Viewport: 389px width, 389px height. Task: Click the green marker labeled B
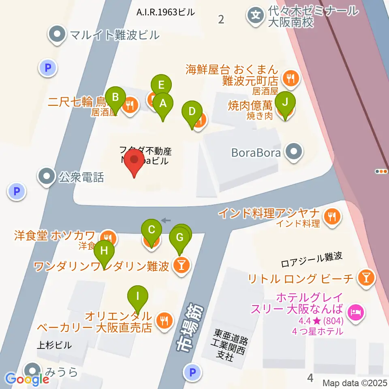click(x=115, y=98)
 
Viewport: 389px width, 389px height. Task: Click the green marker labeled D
click(x=192, y=111)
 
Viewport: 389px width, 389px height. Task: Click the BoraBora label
click(x=256, y=153)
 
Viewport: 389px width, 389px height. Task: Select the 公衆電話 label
click(x=81, y=177)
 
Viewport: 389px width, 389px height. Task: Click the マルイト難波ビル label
click(x=115, y=35)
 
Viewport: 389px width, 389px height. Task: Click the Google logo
click(x=28, y=379)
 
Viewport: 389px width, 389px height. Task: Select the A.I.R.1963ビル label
click(x=165, y=13)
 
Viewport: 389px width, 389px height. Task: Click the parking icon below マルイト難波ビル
click(x=48, y=68)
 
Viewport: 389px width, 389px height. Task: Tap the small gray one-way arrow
click(x=166, y=220)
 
